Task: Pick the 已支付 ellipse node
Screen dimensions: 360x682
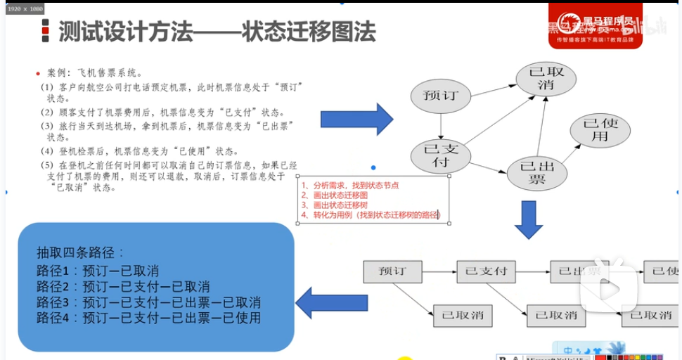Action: point(441,156)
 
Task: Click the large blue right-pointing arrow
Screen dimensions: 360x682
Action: point(356,119)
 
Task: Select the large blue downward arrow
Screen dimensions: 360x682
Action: point(529,219)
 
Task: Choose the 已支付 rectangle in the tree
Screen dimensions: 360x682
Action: point(486,271)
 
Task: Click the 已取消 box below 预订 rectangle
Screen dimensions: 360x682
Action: point(463,316)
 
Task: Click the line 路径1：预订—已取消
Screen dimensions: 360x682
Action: point(98,271)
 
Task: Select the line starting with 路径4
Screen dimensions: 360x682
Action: point(148,318)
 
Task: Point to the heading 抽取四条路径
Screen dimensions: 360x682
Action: point(80,254)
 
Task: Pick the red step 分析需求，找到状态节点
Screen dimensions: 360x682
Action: point(350,186)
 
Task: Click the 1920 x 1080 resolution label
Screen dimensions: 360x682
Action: point(25,8)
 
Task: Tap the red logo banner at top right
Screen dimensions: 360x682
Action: point(594,26)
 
